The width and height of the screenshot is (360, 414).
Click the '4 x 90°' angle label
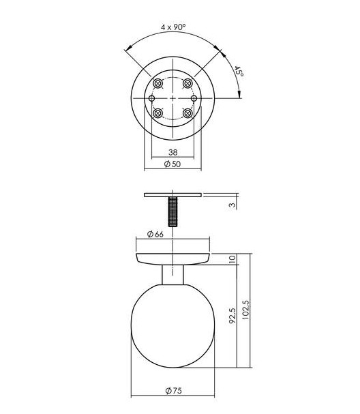173,27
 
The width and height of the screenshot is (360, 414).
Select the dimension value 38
172,152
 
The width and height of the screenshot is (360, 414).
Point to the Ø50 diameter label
172,165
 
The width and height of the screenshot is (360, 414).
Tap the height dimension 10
232,259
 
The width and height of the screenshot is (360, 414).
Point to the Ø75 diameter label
172,391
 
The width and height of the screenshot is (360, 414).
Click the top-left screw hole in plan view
157,83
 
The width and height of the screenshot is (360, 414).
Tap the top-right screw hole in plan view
188,83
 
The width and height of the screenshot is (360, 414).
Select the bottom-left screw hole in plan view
157,114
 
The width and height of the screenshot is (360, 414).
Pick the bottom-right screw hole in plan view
188,114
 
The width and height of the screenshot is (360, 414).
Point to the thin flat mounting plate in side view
172,196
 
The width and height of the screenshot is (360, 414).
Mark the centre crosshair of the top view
173,99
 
